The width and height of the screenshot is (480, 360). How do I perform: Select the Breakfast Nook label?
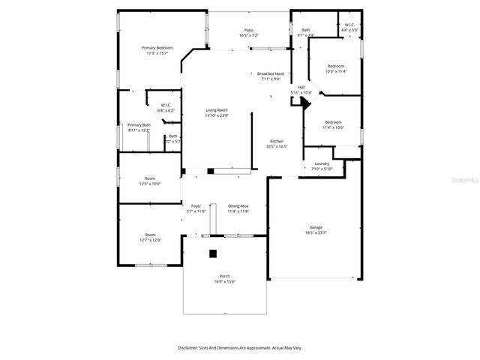(270, 73)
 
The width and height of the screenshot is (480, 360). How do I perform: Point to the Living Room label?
(216, 110)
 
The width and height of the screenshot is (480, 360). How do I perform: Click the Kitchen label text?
(276, 141)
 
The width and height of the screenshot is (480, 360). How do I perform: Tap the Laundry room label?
(322, 163)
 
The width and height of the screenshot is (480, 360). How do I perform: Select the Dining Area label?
(238, 205)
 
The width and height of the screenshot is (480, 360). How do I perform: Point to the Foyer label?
(196, 205)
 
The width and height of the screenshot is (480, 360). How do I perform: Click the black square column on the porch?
(213, 253)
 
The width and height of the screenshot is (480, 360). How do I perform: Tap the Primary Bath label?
(139, 124)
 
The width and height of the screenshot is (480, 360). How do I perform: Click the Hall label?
(301, 87)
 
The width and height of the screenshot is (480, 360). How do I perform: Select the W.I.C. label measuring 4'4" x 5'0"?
(349, 25)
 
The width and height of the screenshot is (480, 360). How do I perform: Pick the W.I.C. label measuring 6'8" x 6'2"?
(165, 104)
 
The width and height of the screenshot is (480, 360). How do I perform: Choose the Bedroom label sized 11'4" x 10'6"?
(333, 122)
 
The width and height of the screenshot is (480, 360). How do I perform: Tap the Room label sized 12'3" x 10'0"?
(150, 178)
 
